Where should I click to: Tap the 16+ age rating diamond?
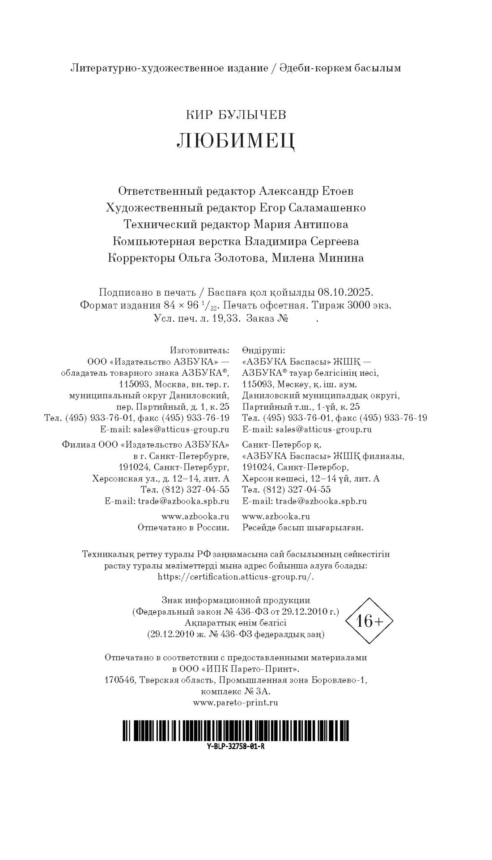[x=369, y=621]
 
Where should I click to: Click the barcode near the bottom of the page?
[x=236, y=730]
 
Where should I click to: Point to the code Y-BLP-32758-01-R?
[x=236, y=747]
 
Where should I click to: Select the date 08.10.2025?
[x=345, y=293]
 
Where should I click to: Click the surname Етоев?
[x=337, y=191]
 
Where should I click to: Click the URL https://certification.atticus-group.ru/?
[x=236, y=576]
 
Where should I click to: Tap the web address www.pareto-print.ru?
[x=236, y=702]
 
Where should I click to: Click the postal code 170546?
[x=119, y=680]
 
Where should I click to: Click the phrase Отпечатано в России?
[x=183, y=528]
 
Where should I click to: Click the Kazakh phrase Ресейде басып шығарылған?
[x=303, y=528]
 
